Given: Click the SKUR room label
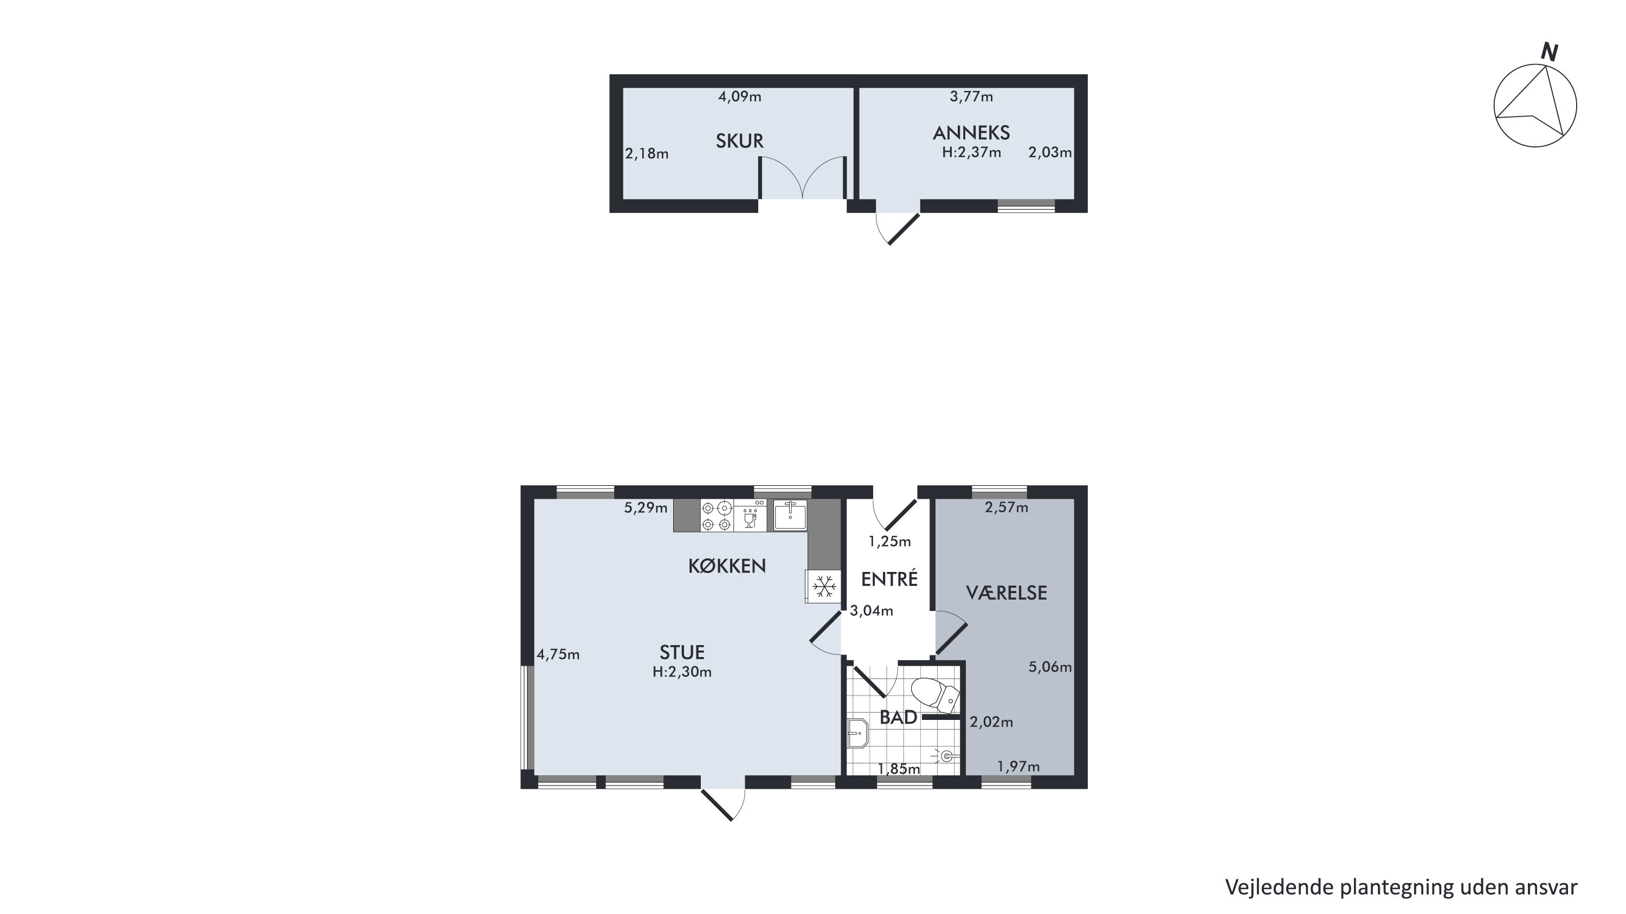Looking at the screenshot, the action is point(739,141).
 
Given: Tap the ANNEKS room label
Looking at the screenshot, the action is point(971,133).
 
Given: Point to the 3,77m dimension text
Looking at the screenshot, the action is point(971,96).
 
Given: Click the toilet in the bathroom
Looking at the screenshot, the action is point(936,695).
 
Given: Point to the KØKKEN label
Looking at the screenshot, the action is point(726,566).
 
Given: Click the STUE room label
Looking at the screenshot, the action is point(682,652).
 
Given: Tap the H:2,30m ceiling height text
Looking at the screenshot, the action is point(682,672).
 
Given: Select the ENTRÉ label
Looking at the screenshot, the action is point(889,579).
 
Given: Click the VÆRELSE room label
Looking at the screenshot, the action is point(1006,593).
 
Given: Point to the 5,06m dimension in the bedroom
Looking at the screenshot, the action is point(1050,667).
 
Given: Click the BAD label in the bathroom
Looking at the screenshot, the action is point(898,718).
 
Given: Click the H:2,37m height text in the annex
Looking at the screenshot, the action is point(971,152).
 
